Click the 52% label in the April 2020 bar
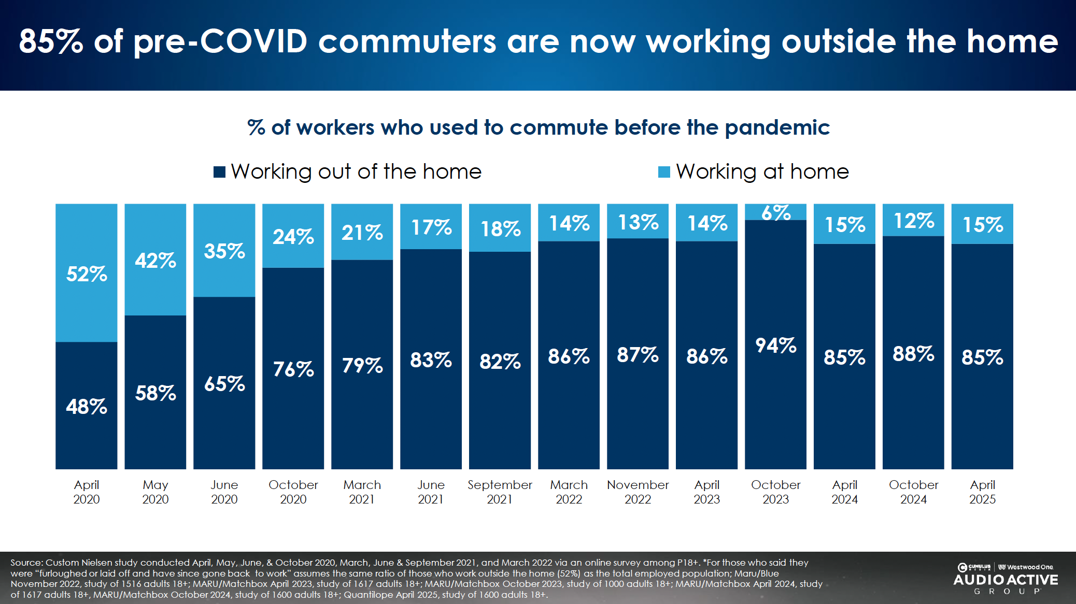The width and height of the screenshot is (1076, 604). tap(87, 274)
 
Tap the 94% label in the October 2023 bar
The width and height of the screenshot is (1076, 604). tap(775, 346)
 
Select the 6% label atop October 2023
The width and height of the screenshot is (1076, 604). tap(775, 212)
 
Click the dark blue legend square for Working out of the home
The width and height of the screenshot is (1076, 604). tap(219, 172)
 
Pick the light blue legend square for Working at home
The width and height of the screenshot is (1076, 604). tap(664, 172)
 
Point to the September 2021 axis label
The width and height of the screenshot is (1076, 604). tap(500, 492)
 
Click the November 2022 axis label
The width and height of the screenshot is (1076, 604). tap(638, 492)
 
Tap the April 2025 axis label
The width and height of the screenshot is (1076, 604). tap(982, 492)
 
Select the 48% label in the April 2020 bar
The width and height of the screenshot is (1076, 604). tap(87, 407)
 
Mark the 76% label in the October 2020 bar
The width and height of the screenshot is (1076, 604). tap(293, 369)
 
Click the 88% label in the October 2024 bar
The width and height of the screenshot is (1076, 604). tap(913, 354)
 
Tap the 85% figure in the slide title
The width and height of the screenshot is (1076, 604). tap(51, 41)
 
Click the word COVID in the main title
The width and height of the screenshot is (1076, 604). tap(253, 41)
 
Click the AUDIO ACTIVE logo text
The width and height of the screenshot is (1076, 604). tap(1006, 580)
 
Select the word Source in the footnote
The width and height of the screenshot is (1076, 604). tap(26, 563)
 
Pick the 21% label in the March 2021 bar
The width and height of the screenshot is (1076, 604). tap(362, 233)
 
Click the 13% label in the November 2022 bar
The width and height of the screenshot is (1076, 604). tap(638, 222)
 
